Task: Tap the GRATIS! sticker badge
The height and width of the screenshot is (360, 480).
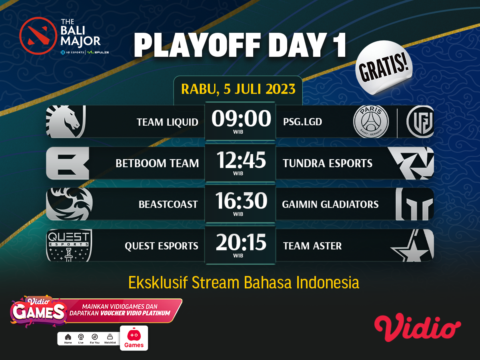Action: coord(384,68)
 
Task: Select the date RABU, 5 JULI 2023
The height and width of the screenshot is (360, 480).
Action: coord(238,88)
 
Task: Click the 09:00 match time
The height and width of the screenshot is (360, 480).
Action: coord(241,119)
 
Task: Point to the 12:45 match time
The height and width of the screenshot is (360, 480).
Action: coord(241,160)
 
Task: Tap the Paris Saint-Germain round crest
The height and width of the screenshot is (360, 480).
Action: coord(371,122)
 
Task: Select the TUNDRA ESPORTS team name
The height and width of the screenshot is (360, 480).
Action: coord(327,163)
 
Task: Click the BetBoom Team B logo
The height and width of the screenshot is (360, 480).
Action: coord(67,163)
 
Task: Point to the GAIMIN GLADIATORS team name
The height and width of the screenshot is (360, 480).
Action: coord(330,204)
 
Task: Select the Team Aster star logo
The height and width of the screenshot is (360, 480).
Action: coord(412,246)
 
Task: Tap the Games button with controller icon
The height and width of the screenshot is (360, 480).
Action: coord(134,338)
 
